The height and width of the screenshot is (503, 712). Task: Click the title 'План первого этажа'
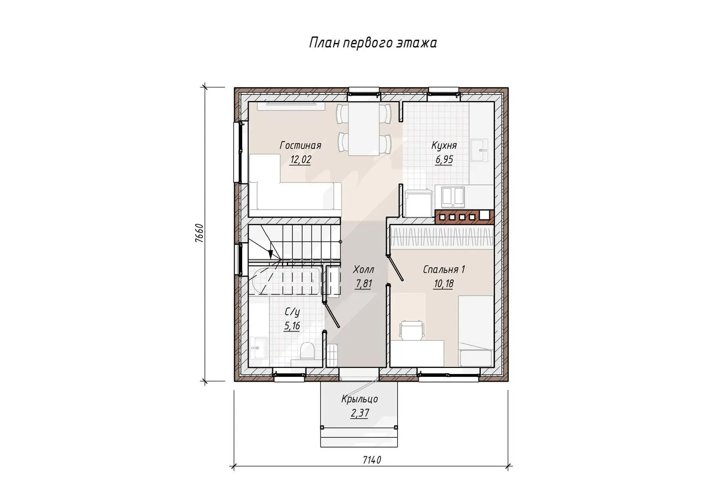click(x=373, y=43)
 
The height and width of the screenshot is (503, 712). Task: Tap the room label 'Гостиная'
click(x=300, y=145)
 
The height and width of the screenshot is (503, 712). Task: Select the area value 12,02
click(x=300, y=159)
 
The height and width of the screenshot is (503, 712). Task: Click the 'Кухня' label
click(x=444, y=146)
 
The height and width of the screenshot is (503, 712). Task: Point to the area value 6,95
click(x=444, y=159)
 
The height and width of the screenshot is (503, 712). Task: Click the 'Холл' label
click(x=363, y=270)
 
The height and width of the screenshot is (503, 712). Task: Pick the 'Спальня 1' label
click(x=444, y=270)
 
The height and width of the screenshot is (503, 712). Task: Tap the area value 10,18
click(x=444, y=283)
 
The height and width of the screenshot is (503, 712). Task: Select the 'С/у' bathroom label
click(x=292, y=313)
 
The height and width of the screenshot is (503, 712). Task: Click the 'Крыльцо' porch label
click(x=359, y=399)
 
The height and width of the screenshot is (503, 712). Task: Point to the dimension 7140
click(x=372, y=460)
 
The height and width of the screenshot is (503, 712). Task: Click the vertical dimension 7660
click(x=199, y=233)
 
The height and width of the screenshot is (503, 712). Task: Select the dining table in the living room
click(x=364, y=129)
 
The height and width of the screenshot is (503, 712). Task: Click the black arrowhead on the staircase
click(x=271, y=253)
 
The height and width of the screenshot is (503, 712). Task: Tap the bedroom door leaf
click(x=396, y=269)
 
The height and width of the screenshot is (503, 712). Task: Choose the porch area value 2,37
click(x=359, y=413)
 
